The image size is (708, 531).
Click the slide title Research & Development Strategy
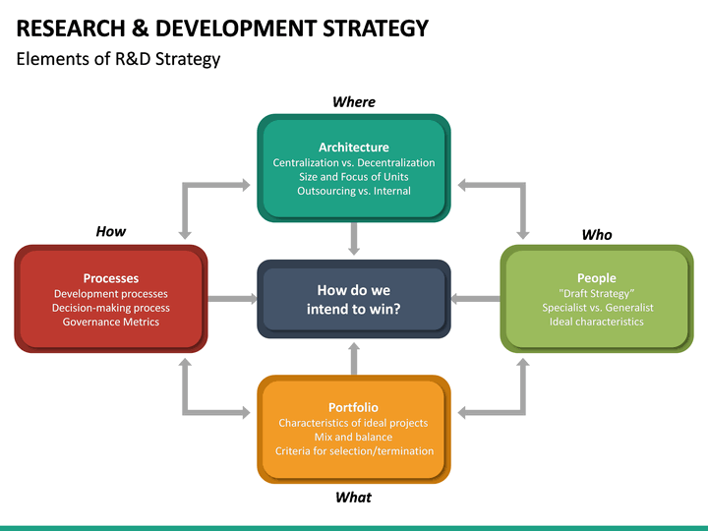(x=223, y=28)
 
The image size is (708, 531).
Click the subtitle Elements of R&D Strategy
(x=118, y=59)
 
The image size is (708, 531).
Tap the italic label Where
(x=353, y=101)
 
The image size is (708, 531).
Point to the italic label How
(x=110, y=231)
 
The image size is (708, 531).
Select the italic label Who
(x=596, y=234)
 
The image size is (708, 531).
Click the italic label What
(x=353, y=497)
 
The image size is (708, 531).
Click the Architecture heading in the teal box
(x=353, y=147)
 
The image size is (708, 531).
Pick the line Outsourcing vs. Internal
(x=353, y=191)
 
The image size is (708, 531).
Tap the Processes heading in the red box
(x=110, y=278)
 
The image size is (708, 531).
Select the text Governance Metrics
(x=110, y=322)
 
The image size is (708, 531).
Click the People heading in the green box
(x=596, y=278)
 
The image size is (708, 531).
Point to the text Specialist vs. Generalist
(x=596, y=308)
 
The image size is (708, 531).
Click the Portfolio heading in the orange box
(x=353, y=407)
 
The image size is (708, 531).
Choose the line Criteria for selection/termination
(x=353, y=451)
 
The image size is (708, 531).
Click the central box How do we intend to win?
(x=353, y=300)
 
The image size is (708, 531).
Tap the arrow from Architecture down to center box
(x=353, y=239)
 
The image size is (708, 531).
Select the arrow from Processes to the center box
(x=232, y=298)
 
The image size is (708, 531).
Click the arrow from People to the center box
(x=475, y=298)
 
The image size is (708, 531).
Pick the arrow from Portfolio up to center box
(x=353, y=359)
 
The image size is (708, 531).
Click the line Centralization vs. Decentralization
(x=353, y=162)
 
